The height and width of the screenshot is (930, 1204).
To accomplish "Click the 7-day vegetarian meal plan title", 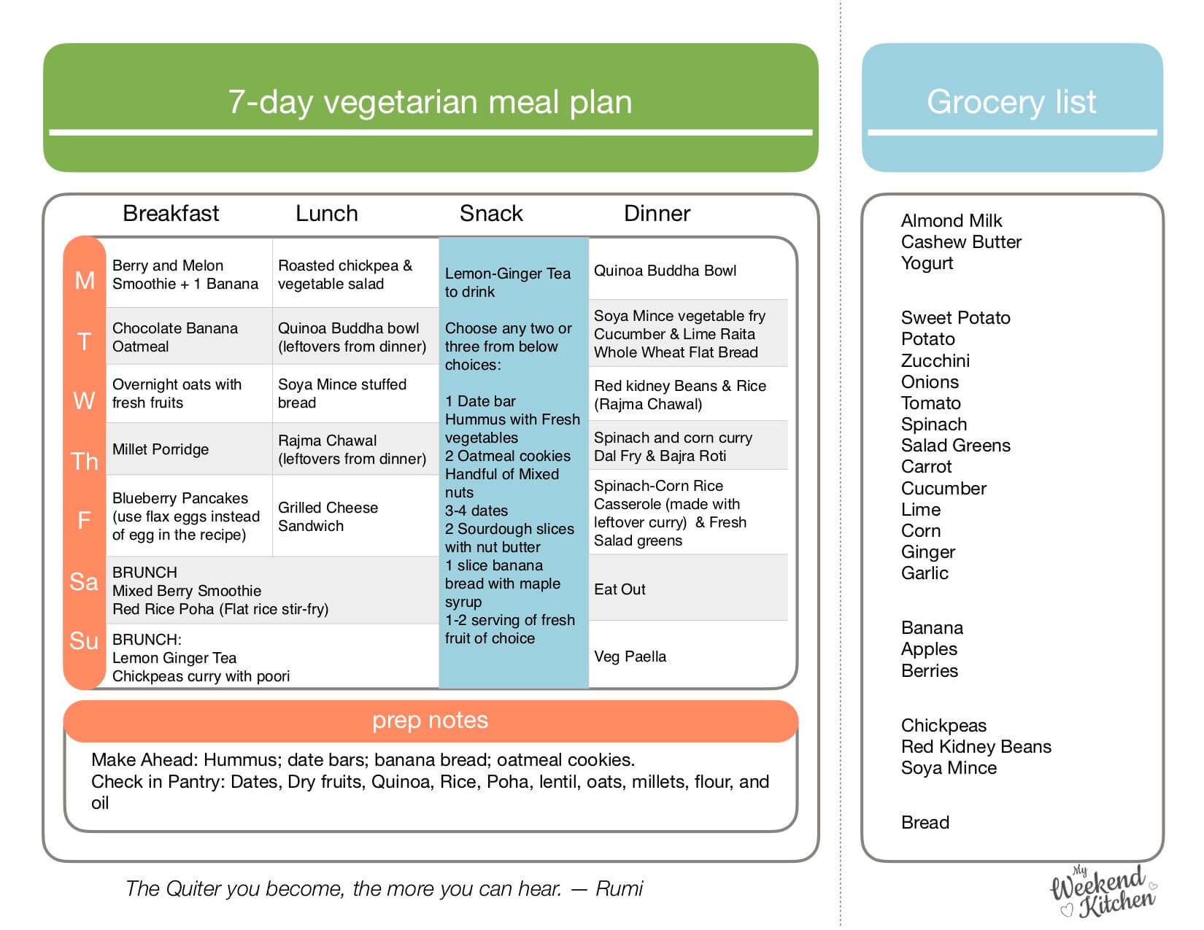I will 430,102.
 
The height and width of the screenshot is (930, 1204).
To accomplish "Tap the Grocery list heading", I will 1011,102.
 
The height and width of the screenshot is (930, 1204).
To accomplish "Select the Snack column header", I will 491,213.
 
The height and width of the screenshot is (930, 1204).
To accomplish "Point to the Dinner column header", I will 657,213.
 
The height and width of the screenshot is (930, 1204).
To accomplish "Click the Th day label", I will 85,461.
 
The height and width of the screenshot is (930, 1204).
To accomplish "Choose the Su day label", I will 84,640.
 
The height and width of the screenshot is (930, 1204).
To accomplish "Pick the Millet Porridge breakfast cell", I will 161,449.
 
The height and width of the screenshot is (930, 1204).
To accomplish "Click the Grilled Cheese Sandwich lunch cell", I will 328,516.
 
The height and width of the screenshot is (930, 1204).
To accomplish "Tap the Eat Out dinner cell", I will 620,589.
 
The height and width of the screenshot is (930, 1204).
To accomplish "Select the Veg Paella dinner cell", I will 630,656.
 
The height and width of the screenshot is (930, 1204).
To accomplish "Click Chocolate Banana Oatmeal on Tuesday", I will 175,337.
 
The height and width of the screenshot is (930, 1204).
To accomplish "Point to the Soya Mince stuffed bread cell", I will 341,393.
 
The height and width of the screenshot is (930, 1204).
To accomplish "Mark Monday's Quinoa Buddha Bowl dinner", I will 665,271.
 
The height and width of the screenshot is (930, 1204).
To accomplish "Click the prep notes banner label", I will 430,720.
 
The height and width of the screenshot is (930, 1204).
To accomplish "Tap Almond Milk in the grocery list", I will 952,220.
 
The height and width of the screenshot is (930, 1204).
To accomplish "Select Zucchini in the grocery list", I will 935,360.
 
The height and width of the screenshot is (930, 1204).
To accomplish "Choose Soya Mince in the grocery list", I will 949,767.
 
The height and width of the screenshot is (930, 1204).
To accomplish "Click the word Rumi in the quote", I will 620,888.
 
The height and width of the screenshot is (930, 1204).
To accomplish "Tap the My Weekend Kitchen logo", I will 1103,891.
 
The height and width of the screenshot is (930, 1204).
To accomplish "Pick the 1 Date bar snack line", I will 480,401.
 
